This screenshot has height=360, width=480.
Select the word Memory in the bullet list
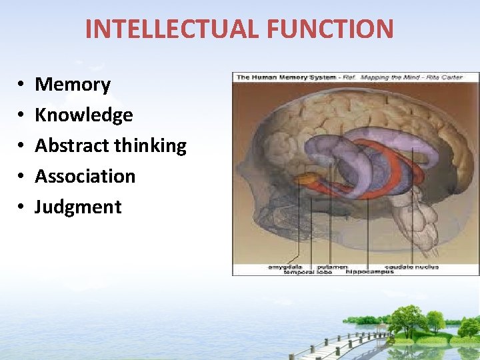click(x=73, y=85)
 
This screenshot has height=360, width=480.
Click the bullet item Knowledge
click(x=84, y=115)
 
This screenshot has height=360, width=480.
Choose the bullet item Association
click(x=85, y=176)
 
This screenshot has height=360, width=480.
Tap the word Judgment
click(x=78, y=207)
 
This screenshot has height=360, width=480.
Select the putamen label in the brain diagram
click(x=331, y=267)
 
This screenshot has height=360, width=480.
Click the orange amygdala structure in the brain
click(x=307, y=179)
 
